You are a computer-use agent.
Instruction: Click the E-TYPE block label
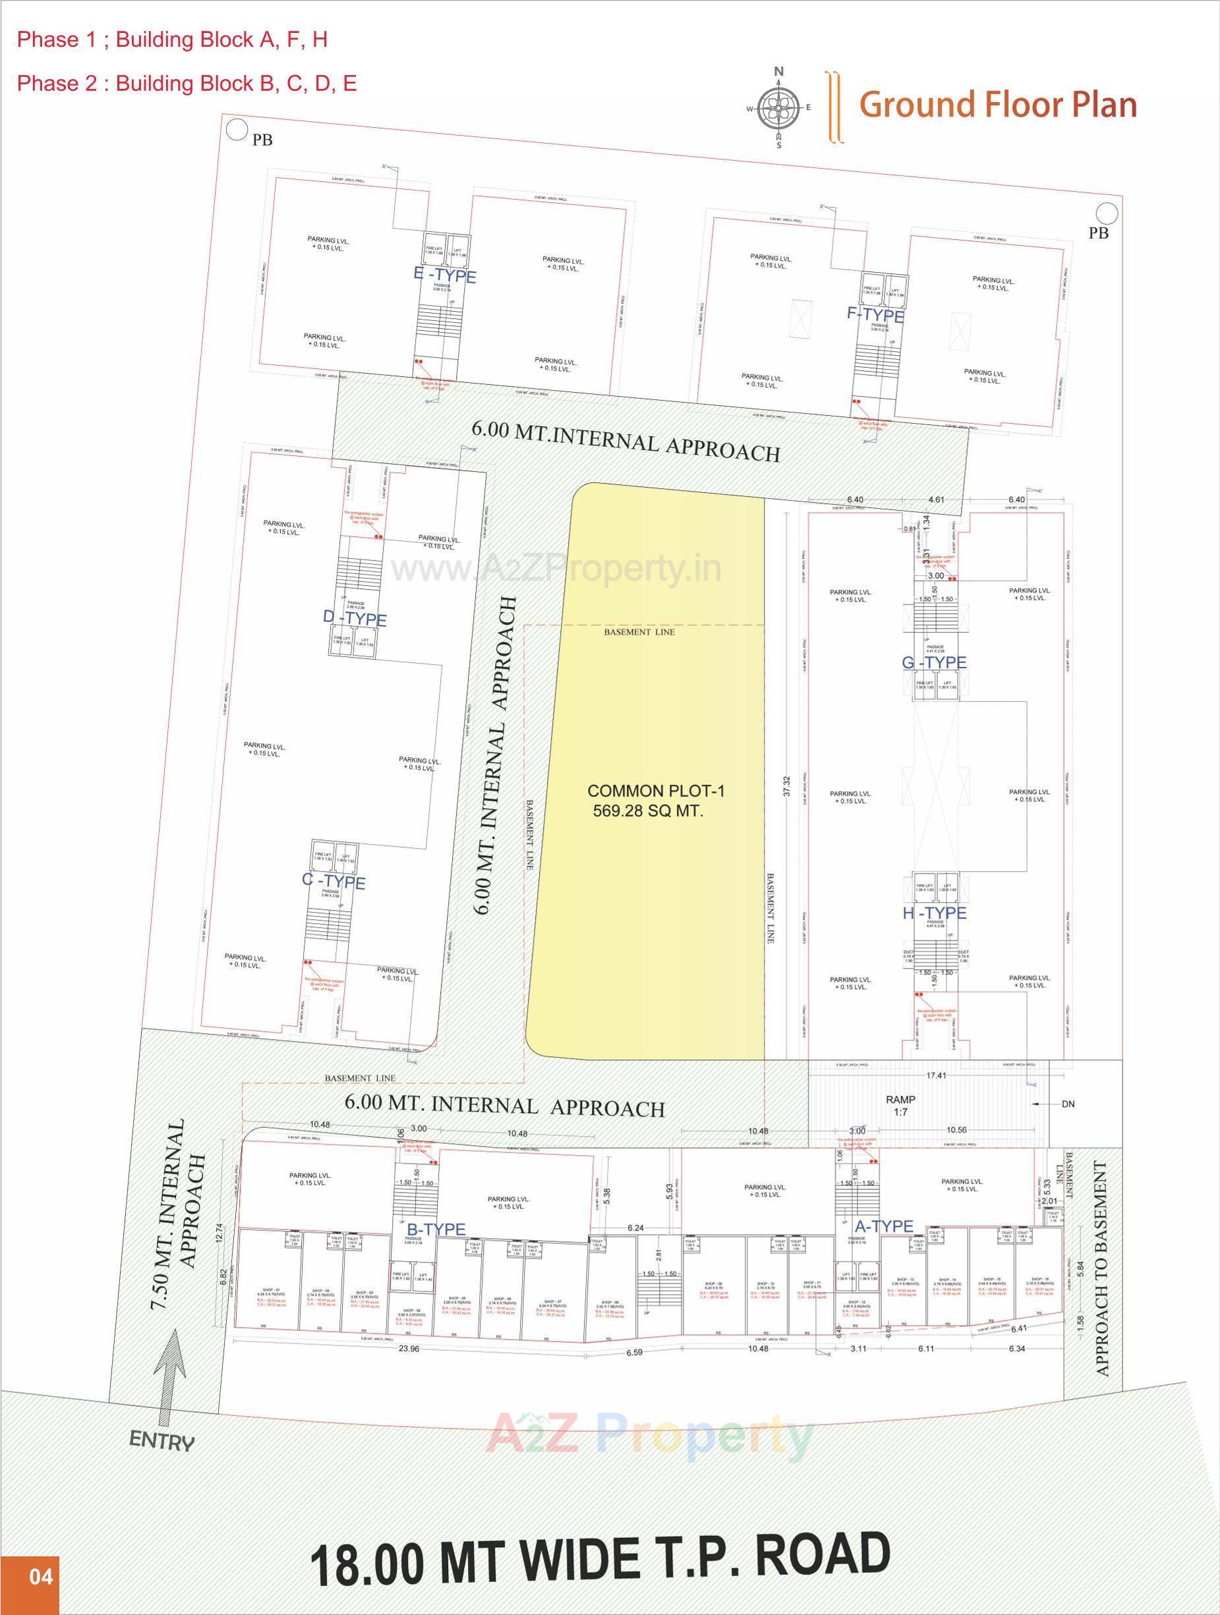[x=445, y=276]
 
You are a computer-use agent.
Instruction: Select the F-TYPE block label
[x=875, y=316]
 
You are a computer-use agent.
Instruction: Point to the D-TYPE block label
[x=355, y=619]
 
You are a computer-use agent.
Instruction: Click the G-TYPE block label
[x=934, y=662]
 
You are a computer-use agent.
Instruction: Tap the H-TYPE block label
[x=934, y=913]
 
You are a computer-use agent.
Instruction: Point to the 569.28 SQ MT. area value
[x=649, y=810]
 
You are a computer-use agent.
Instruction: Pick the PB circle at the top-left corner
[x=236, y=130]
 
